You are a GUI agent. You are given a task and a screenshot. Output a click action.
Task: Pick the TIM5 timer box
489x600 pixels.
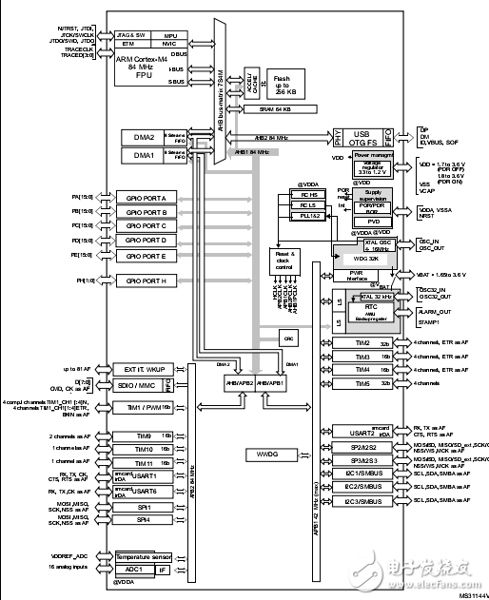point(362,383)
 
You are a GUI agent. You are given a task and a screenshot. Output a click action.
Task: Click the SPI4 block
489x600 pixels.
point(145,519)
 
